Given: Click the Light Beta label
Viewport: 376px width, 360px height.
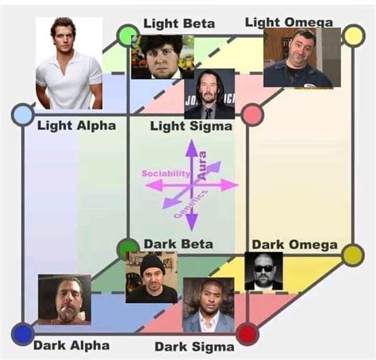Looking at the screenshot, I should [x=178, y=24].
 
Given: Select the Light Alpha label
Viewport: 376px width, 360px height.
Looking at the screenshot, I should [x=76, y=125].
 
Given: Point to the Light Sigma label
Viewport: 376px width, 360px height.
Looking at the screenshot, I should [x=191, y=125].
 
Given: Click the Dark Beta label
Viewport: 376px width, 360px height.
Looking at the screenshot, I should [x=178, y=243].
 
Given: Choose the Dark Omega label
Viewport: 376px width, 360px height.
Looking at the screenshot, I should [x=294, y=244].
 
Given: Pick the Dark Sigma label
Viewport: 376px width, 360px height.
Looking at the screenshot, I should [x=194, y=346].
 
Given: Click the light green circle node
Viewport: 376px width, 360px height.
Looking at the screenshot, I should [x=128, y=35].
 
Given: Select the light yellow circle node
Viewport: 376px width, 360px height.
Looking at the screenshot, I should [x=352, y=36].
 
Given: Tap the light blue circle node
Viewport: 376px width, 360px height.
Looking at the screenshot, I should [x=22, y=115].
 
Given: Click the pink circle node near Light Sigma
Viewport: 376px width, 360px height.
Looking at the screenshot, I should [x=252, y=115].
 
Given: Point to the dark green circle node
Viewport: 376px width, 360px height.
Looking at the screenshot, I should [x=127, y=249].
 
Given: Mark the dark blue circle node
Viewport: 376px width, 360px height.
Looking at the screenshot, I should [x=23, y=333].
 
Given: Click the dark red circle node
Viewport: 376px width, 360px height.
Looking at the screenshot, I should [x=248, y=333].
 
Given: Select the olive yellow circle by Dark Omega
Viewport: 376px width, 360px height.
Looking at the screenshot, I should [x=352, y=255].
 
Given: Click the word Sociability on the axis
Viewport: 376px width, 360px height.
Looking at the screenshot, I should [x=166, y=172].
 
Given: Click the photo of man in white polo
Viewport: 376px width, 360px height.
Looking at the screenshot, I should [x=69, y=63].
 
